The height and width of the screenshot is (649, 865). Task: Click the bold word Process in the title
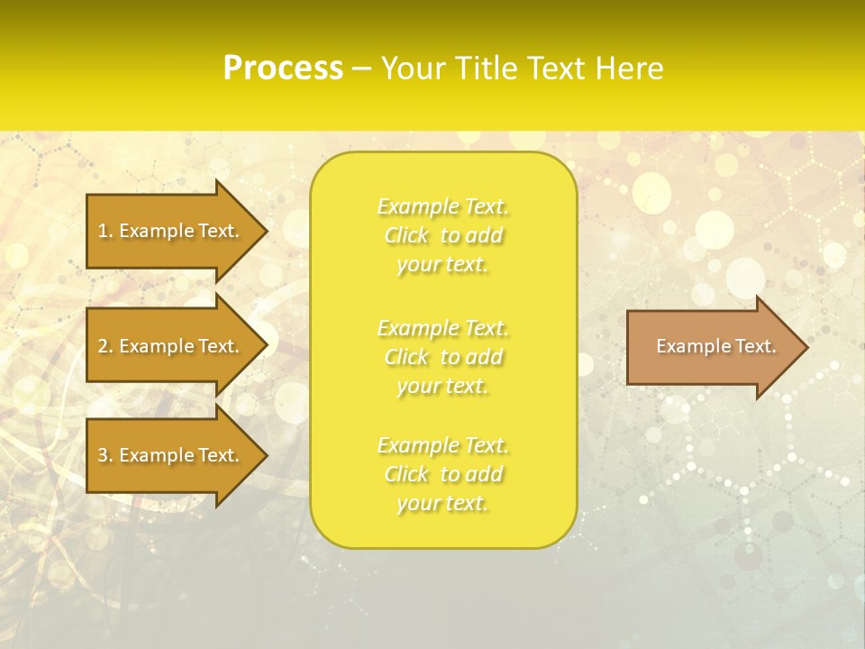pyautogui.click(x=283, y=69)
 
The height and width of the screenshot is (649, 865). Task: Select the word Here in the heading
pyautogui.click(x=630, y=69)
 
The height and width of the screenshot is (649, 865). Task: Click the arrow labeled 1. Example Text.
pyautogui.click(x=168, y=231)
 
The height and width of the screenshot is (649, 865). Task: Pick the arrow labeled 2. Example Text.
pyautogui.click(x=168, y=346)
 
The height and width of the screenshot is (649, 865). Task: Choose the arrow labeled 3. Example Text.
pyautogui.click(x=168, y=455)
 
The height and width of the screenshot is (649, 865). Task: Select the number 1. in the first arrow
pyautogui.click(x=105, y=231)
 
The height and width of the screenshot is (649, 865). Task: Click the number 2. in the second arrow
pyautogui.click(x=105, y=346)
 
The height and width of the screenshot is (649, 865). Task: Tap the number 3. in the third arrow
pyautogui.click(x=105, y=455)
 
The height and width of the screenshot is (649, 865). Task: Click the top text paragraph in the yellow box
pyautogui.click(x=443, y=235)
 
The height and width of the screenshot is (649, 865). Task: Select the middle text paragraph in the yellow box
pyautogui.click(x=443, y=357)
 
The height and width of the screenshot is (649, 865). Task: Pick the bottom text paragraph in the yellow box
pyautogui.click(x=443, y=474)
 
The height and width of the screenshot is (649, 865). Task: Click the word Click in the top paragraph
pyautogui.click(x=406, y=236)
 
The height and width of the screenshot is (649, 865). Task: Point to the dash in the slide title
pyautogui.click(x=362, y=69)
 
